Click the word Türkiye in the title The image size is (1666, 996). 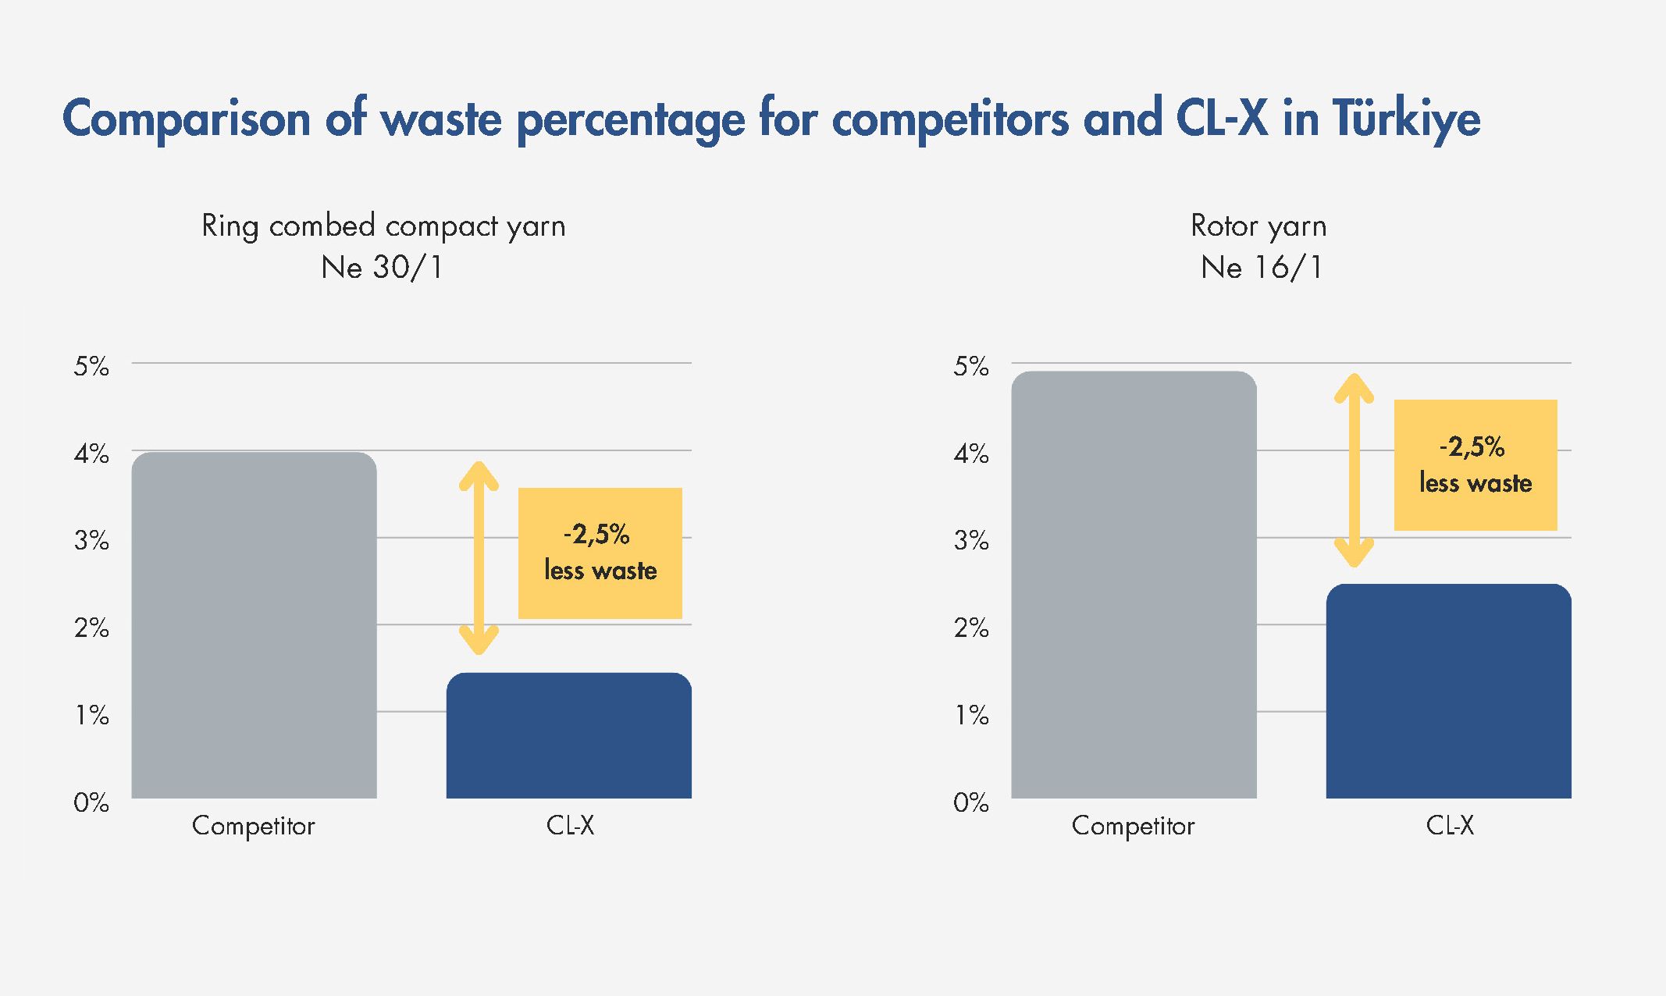click(1406, 119)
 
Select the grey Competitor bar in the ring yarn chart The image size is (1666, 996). click(254, 625)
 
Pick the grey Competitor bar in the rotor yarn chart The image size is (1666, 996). click(1134, 585)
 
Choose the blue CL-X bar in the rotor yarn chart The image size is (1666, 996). click(1448, 691)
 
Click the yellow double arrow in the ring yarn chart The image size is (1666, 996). click(479, 558)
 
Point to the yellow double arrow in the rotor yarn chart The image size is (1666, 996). click(1354, 471)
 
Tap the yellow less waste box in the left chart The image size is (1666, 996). click(600, 553)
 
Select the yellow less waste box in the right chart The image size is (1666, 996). click(1475, 465)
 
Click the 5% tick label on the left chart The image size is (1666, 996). click(91, 365)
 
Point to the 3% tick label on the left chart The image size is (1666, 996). click(91, 539)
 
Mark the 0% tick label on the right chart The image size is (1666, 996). click(970, 802)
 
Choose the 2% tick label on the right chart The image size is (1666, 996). click(970, 627)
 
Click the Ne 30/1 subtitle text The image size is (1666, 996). click(383, 267)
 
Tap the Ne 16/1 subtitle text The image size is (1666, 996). click(1262, 267)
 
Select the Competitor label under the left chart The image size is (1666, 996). click(253, 826)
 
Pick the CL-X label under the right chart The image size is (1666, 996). click(1449, 825)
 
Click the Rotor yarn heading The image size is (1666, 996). click(1258, 226)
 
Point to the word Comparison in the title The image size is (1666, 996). click(187, 119)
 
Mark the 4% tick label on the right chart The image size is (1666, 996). click(970, 453)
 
